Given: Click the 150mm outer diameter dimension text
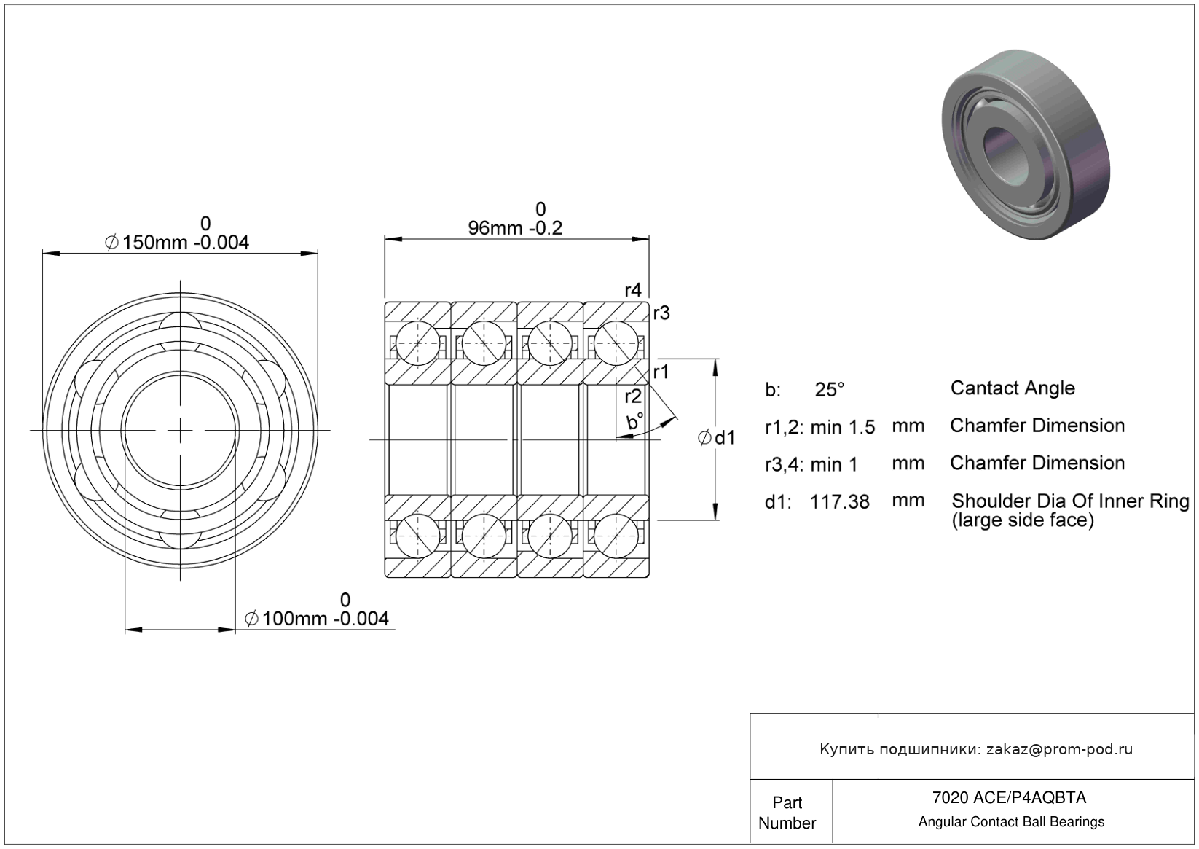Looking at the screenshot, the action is (x=177, y=242).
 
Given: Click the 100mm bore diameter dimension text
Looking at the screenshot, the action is (x=316, y=619).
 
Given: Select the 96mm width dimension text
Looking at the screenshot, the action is (x=515, y=228).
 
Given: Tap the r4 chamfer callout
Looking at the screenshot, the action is (x=633, y=290).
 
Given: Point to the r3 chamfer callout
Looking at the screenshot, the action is (x=661, y=313).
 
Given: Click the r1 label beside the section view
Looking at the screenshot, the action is (x=661, y=372).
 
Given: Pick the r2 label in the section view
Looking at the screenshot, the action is (x=633, y=396).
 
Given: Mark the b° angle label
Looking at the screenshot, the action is (x=634, y=421).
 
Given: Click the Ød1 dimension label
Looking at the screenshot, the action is (x=717, y=438).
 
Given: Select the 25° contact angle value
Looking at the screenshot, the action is (x=829, y=389).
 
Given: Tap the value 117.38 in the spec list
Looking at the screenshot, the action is (x=840, y=502).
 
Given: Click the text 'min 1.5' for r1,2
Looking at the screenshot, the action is (x=843, y=427).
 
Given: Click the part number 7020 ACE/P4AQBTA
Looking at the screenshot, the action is (x=1009, y=797).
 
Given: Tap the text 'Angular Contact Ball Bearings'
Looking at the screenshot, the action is (x=1011, y=822).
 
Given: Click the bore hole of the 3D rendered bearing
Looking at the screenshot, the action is (x=1005, y=154).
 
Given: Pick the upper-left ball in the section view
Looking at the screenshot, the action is (x=417, y=343).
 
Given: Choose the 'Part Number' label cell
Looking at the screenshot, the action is (x=787, y=813).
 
